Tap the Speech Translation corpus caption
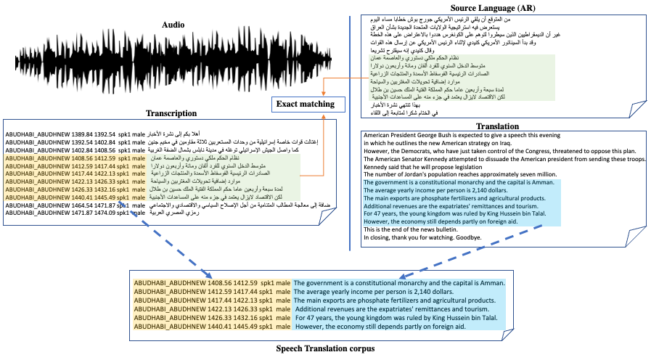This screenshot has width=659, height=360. click(325, 349)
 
